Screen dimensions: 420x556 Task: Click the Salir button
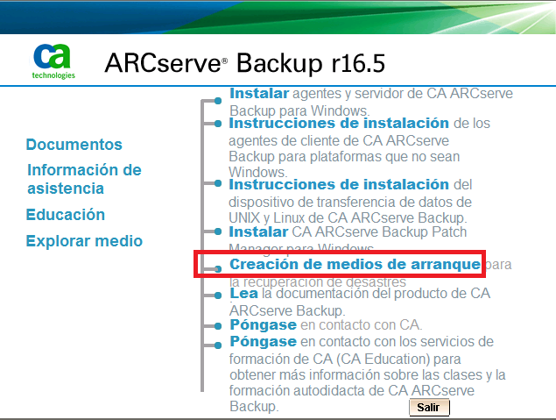click(428, 408)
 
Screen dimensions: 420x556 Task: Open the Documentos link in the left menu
click(74, 145)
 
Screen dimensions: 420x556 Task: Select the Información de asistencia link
click(83, 179)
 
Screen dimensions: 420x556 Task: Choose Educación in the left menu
click(65, 215)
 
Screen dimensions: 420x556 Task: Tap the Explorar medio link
click(84, 241)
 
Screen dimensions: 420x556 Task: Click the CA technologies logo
click(54, 61)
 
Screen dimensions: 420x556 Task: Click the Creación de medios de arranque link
click(355, 264)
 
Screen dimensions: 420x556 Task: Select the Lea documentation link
click(243, 295)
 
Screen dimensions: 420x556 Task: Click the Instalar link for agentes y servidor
click(258, 93)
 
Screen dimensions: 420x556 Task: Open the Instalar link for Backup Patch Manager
click(258, 232)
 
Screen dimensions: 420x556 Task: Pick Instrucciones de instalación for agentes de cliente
click(339, 124)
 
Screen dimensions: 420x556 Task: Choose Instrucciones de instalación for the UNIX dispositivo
click(339, 185)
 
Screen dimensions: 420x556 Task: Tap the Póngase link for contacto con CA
click(263, 325)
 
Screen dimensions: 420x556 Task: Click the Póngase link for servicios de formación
click(263, 341)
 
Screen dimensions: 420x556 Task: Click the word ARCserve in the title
click(162, 63)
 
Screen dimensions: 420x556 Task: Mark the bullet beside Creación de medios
click(217, 267)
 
